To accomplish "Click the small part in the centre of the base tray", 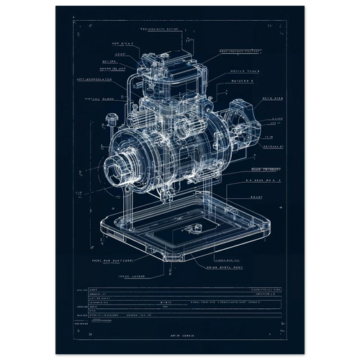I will pos(193,229).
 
